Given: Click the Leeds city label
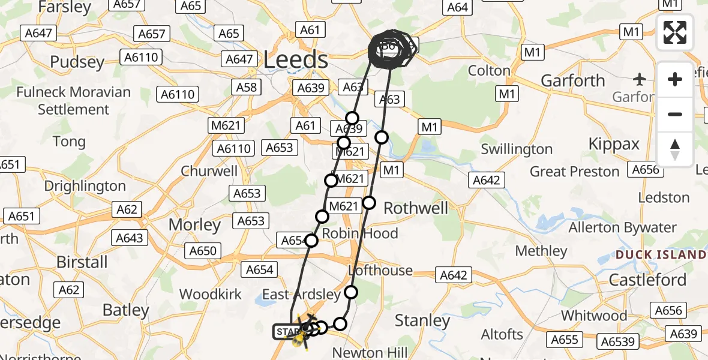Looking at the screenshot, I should click(x=296, y=60).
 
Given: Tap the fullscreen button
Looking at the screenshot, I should click(x=675, y=32).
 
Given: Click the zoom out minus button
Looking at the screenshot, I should click(x=675, y=114).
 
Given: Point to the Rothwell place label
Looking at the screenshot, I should click(x=416, y=208).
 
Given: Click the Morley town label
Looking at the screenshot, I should click(x=194, y=225).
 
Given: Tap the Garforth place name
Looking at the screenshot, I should click(x=573, y=80).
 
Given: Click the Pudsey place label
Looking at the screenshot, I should click(x=77, y=62).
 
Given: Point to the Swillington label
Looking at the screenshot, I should click(x=517, y=149).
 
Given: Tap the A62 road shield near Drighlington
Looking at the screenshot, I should click(x=127, y=209).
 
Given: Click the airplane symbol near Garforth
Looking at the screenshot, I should click(x=640, y=79).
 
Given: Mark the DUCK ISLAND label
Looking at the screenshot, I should click(x=661, y=255).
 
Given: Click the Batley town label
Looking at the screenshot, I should click(x=125, y=310).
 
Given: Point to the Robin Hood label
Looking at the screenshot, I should click(x=360, y=233).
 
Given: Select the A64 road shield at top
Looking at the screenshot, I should click(x=457, y=7).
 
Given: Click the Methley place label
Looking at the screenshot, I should click(x=541, y=251).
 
